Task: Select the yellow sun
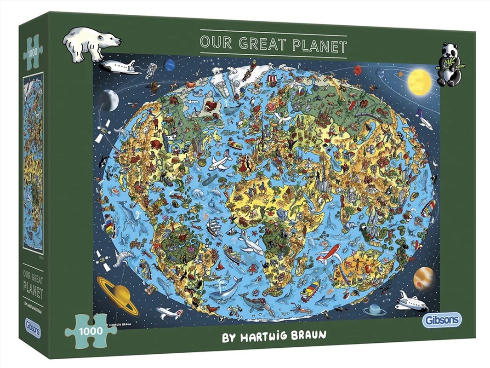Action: coord(419,81)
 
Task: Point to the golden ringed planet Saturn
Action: coord(118,291)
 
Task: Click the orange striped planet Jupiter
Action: coord(423,278)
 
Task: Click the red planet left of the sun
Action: coord(357,70)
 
